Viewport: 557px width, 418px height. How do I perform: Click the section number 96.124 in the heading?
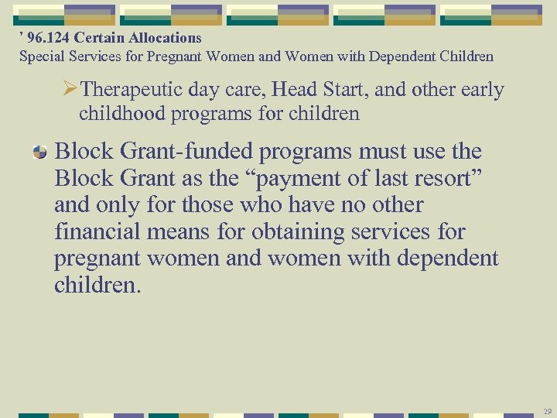(x=47, y=38)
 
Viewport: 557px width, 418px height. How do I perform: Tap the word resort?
(x=446, y=178)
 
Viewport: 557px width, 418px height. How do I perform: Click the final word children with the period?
(x=98, y=285)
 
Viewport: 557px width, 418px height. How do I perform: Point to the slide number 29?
(x=547, y=410)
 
